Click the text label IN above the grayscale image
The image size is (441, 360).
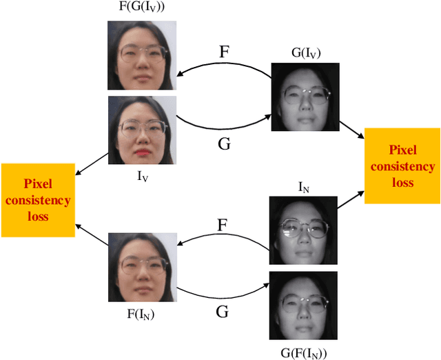point(304,188)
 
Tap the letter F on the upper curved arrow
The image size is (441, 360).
point(223,52)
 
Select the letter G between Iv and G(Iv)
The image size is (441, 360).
point(223,145)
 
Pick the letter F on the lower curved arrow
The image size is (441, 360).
point(223,225)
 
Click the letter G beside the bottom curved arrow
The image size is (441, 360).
point(223,312)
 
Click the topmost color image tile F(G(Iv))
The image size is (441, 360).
point(141,55)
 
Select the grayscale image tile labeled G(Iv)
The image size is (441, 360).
point(305,97)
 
